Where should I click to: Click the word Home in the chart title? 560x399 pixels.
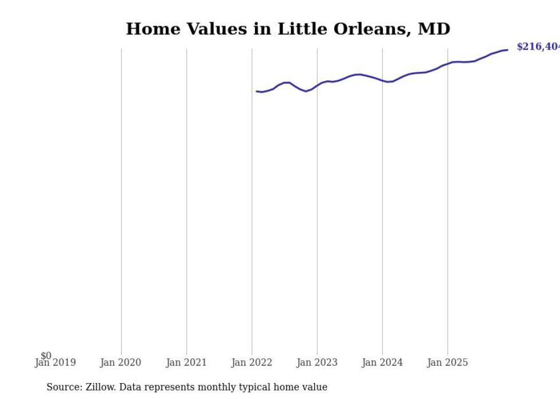point(147,29)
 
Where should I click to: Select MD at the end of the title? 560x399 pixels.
point(434,29)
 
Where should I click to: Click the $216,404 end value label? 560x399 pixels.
point(538,47)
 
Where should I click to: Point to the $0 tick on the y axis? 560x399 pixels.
point(46,356)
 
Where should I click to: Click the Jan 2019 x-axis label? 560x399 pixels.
point(55,362)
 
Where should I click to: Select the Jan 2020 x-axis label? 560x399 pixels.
point(121,362)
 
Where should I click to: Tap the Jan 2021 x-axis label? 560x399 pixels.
point(186,362)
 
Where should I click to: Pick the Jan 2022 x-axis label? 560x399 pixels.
point(252,362)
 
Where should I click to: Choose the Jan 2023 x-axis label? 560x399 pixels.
point(317,362)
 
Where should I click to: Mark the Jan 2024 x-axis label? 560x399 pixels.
point(382,362)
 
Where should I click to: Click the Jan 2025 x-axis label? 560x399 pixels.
point(447,362)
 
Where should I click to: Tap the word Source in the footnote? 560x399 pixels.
point(63,387)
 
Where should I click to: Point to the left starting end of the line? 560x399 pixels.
point(257,91)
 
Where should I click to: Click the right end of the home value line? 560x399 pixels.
point(507,50)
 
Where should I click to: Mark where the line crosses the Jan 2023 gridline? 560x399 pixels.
point(317,85)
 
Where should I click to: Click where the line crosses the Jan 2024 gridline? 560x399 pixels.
point(382,80)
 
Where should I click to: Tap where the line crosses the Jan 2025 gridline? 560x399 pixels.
point(447,63)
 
